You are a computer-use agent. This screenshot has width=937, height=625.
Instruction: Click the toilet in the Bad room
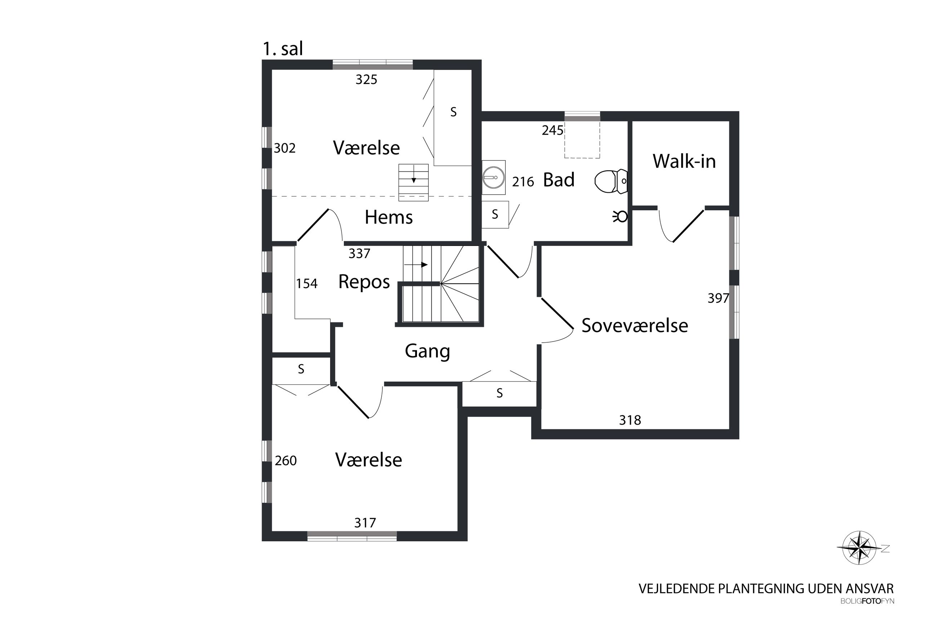(610, 181)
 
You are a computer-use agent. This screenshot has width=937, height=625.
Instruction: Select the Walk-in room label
(684, 161)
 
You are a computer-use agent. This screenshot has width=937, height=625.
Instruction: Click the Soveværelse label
(635, 325)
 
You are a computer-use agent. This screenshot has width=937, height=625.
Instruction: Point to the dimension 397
(718, 298)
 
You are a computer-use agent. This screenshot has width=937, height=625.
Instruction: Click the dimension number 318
(630, 420)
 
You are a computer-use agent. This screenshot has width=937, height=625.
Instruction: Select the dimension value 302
(285, 148)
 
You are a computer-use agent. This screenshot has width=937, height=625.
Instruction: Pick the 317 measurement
(365, 523)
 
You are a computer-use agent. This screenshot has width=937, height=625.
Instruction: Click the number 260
(285, 461)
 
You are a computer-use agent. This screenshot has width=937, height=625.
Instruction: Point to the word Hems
(388, 217)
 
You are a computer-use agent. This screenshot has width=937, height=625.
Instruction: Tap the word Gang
(427, 352)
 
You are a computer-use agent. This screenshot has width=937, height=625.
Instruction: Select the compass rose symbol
(860, 548)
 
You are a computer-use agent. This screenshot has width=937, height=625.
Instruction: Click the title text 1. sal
(283, 49)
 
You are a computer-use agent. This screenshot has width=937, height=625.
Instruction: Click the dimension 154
(307, 284)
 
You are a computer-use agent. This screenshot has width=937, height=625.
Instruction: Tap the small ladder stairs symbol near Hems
(413, 182)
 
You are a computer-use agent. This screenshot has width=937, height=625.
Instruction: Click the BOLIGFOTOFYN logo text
(867, 601)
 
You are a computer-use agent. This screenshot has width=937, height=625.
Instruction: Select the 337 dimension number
(359, 254)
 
